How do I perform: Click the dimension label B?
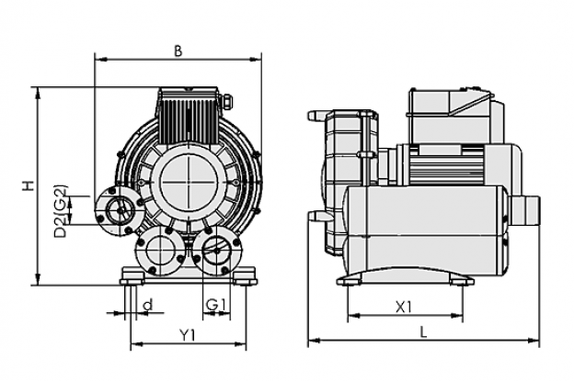point(178,51)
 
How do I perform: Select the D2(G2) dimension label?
point(61,211)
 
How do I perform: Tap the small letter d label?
point(148,305)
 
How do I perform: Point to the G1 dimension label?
point(216,305)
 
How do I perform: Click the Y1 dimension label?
point(188,335)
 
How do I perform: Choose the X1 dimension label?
point(404,308)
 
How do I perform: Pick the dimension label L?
point(423,332)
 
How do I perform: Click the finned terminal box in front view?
point(188,115)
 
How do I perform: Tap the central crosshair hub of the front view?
point(189,183)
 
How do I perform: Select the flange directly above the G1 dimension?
point(217,251)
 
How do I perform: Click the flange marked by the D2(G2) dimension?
point(120,211)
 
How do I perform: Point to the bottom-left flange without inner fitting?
point(160,251)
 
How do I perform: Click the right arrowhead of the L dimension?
point(534,341)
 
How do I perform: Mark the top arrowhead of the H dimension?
point(38,93)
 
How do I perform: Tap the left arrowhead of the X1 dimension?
point(353,316)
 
